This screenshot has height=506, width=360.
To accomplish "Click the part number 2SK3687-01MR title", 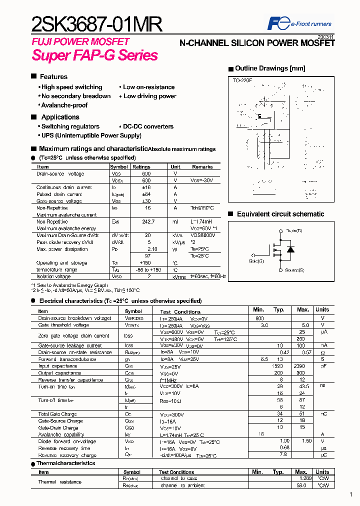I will (96, 23).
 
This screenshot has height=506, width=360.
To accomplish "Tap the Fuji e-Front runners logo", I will (299, 23).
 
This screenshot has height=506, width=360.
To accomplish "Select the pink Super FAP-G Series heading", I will (95, 55).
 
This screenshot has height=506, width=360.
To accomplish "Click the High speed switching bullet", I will (71, 87).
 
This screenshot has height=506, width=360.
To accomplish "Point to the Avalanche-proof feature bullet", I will (64, 105).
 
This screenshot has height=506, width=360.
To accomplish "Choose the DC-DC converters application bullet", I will (148, 126).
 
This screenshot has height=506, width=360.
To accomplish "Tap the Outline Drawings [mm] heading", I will (269, 68).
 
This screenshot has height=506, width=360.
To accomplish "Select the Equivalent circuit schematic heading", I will (280, 214).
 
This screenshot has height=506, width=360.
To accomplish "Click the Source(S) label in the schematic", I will (294, 270).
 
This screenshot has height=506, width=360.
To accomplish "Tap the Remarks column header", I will (202, 167).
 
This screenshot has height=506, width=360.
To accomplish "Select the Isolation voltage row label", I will (53, 276).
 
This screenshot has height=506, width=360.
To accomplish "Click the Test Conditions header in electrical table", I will (180, 311).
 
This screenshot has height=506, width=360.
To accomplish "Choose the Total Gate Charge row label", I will (58, 414).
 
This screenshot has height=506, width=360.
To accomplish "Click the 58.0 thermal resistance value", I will (301, 485).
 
